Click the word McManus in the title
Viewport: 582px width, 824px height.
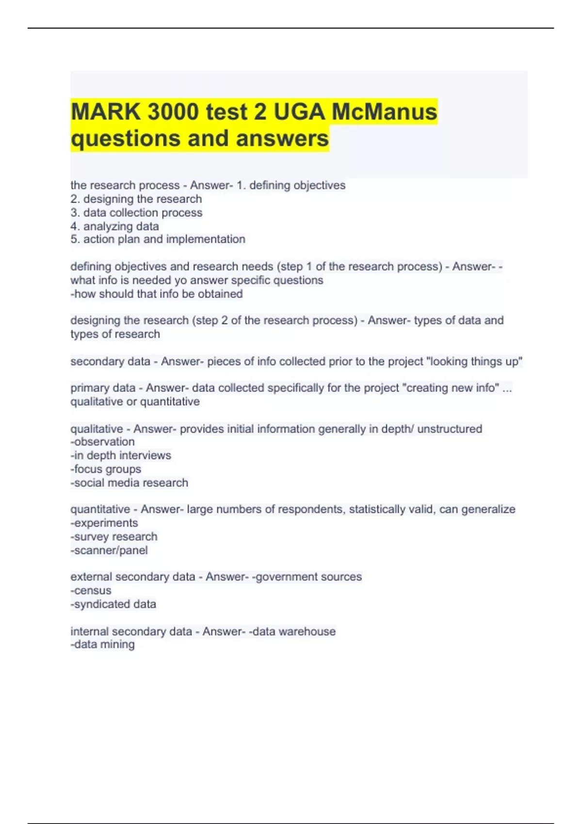point(384,112)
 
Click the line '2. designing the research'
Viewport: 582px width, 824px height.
point(136,199)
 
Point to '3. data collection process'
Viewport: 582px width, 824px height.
point(136,212)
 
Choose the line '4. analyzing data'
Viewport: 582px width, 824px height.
point(114,226)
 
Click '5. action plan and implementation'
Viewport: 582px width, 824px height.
point(158,239)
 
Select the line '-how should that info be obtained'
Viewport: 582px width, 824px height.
point(156,294)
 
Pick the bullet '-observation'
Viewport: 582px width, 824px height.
point(102,442)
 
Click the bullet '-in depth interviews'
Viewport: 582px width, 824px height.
point(120,455)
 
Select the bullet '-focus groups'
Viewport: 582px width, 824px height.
point(106,469)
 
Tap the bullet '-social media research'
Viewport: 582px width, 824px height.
point(129,482)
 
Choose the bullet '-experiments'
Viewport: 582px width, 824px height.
point(104,523)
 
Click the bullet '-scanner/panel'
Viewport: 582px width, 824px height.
point(109,550)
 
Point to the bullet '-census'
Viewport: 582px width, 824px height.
point(91,590)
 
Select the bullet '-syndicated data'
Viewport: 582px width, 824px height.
point(113,604)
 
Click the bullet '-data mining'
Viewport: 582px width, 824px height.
point(102,644)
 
